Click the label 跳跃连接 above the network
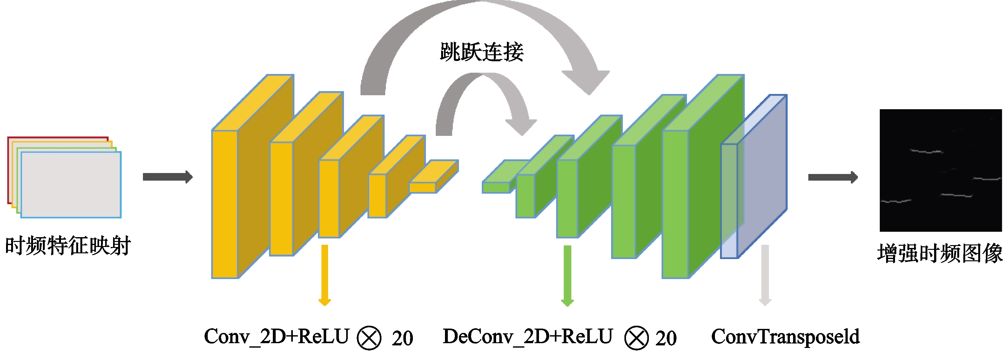click(x=481, y=52)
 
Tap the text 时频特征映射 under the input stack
click(x=68, y=246)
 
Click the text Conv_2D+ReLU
click(x=276, y=337)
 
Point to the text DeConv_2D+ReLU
click(x=528, y=337)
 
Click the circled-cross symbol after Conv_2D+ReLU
click(x=369, y=338)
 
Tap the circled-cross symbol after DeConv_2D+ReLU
click(x=636, y=338)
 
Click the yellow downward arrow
click(x=325, y=275)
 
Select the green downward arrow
click(x=567, y=276)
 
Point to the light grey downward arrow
click(x=765, y=275)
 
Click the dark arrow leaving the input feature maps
click(x=168, y=177)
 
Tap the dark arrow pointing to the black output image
click(x=833, y=177)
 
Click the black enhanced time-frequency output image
click(x=941, y=170)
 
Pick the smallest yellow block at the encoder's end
click(x=433, y=176)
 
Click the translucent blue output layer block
click(x=754, y=176)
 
